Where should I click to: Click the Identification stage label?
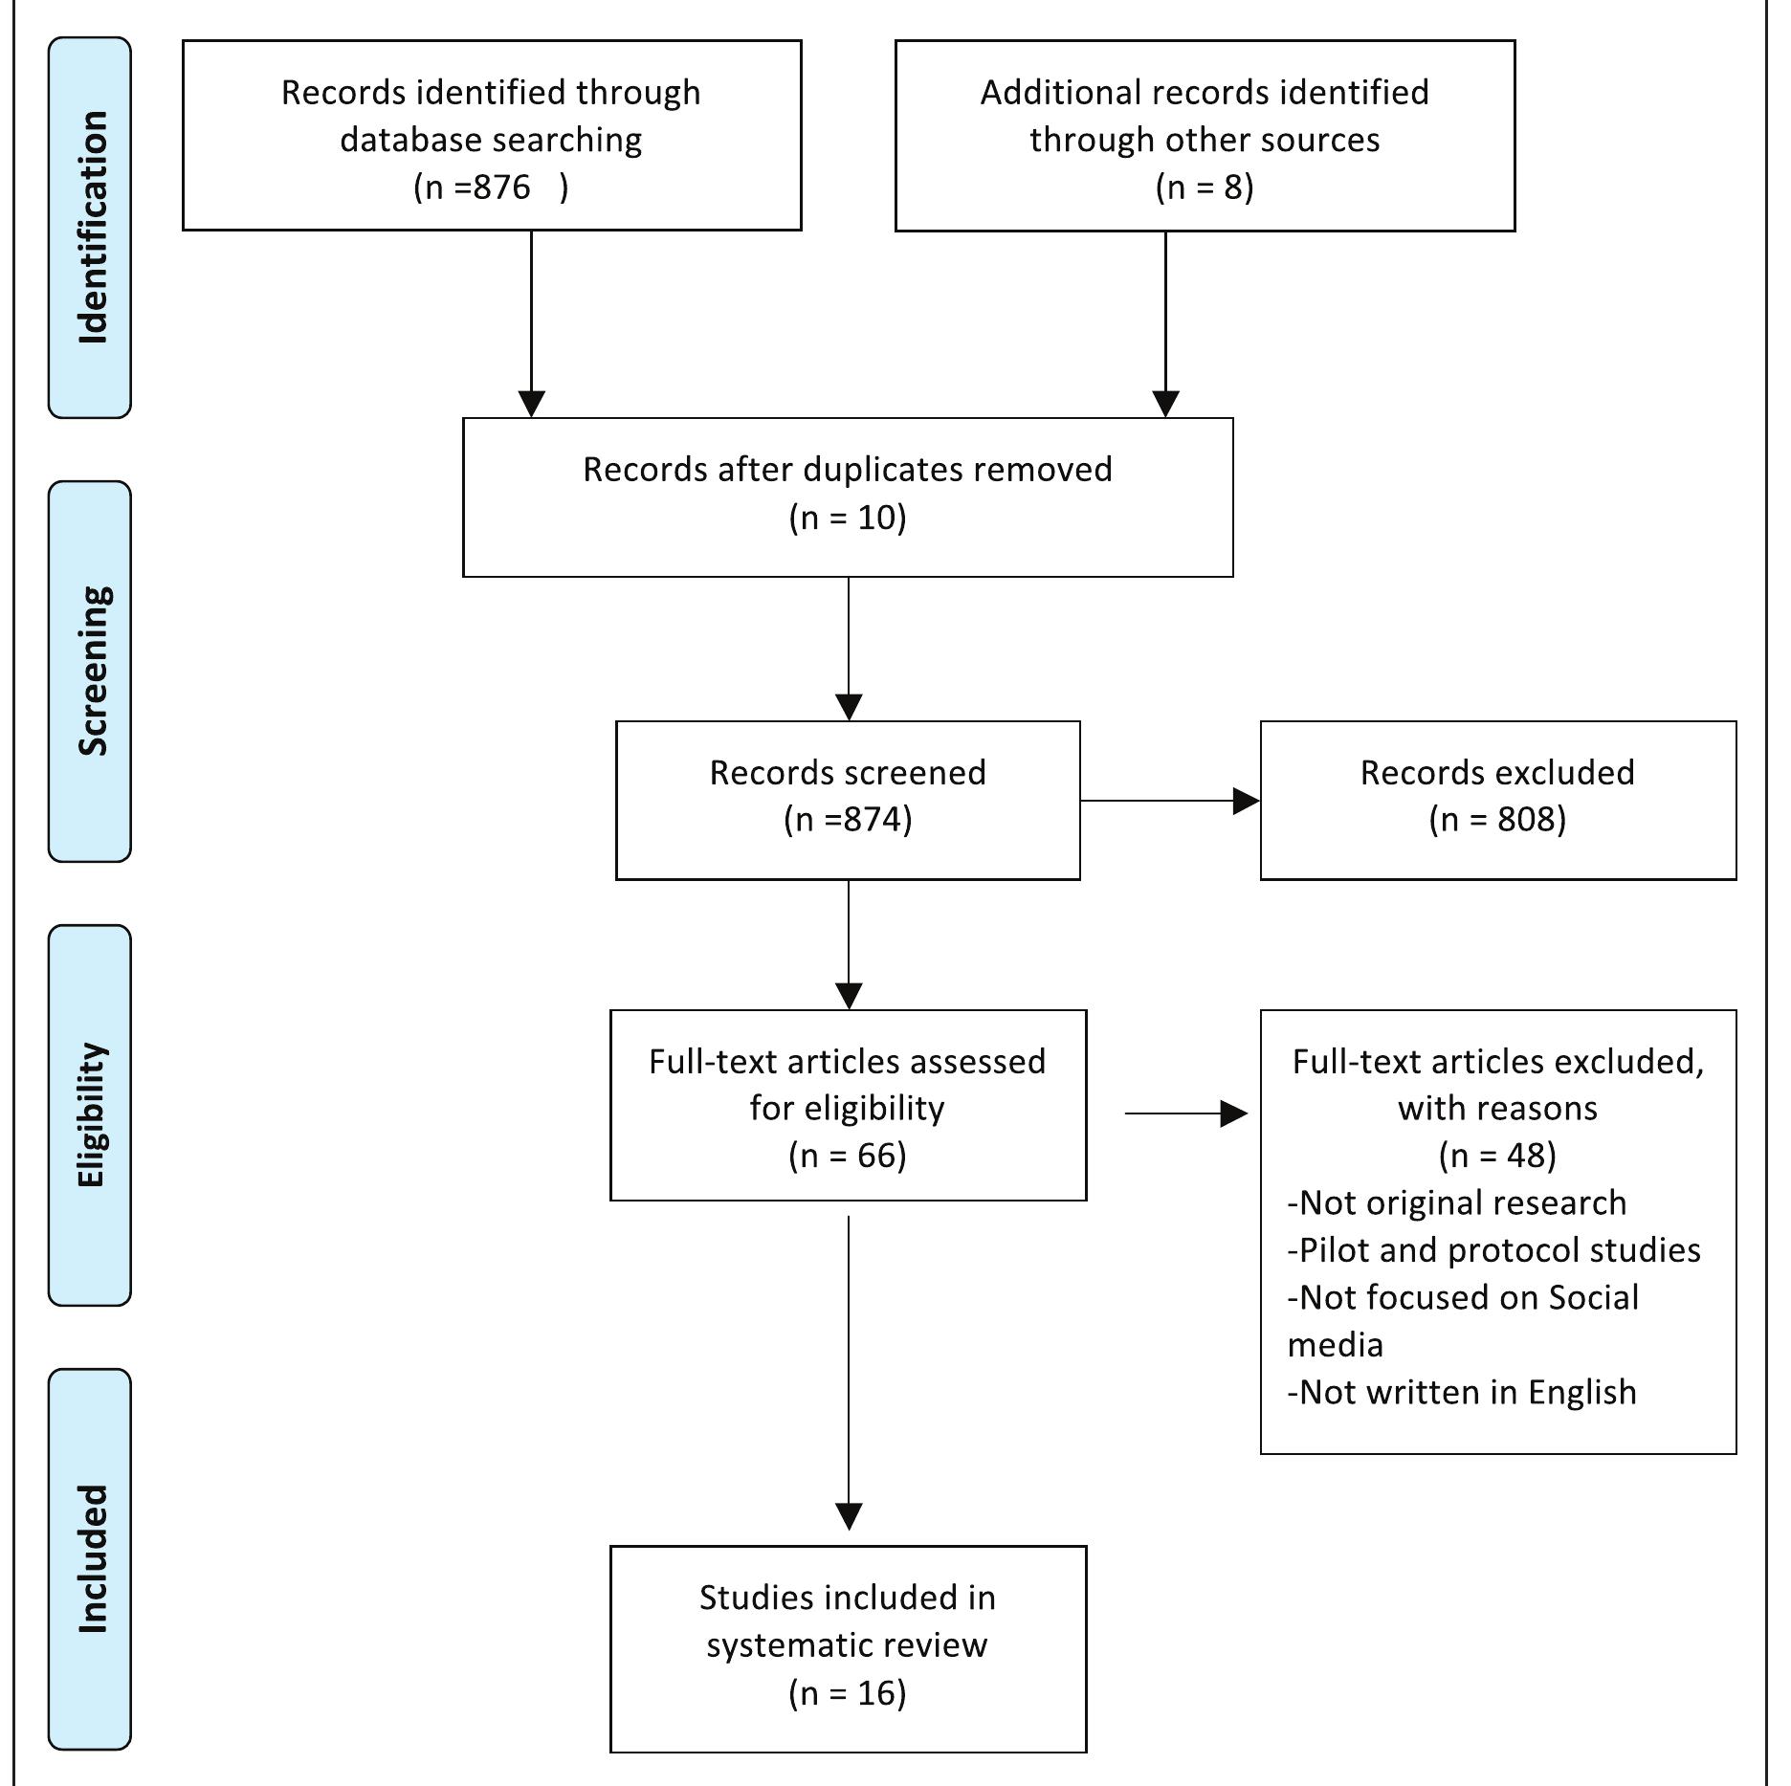pos(91,228)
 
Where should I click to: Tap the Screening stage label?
pos(91,671)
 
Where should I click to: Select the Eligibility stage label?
pos(91,1114)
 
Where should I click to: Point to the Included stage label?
pos(91,1558)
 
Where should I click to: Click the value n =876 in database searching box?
pos(491,187)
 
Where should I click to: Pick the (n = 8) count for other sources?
pos(1205,187)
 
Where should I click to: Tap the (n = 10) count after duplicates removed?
pos(848,518)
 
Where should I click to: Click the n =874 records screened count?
pos(848,820)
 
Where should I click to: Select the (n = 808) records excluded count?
pos(1497,820)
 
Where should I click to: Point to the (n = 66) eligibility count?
pos(848,1156)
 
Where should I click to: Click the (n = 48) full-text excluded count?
pos(1497,1156)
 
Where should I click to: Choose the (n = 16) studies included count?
pos(848,1693)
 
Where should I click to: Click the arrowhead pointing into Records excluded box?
pos(1247,801)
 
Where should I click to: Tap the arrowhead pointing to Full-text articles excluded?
pos(1234,1113)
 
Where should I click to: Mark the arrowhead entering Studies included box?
pos(849,1516)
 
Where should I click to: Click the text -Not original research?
pos(1457,1202)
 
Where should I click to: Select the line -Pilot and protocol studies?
pos(1494,1250)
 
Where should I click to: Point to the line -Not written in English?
pos(1462,1392)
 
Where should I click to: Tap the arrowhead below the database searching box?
pos(531,403)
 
